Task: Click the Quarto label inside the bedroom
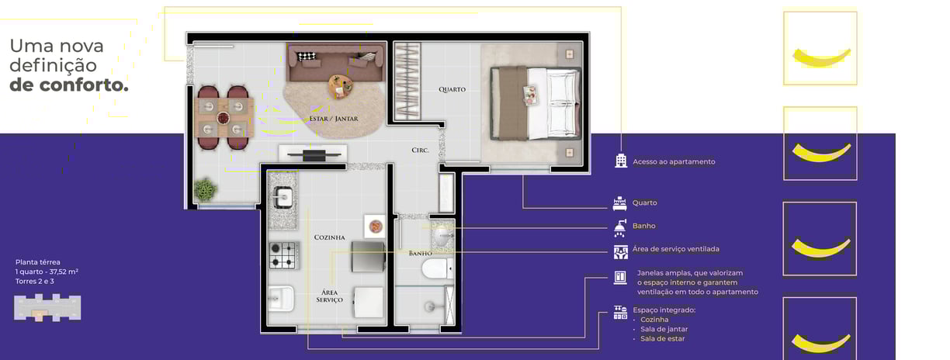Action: pos(452,89)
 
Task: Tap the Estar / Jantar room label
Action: pos(334,119)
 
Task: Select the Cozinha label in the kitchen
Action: pos(330,237)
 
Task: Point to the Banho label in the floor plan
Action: pos(421,253)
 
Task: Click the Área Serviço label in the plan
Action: pos(330,296)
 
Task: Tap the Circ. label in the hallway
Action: pos(421,150)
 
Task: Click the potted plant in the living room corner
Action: pos(205,189)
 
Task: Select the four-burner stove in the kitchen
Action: pos(283,255)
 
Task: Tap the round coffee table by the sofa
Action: pos(340,86)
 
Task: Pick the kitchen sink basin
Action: pos(283,198)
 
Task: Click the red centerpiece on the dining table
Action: pos(223,117)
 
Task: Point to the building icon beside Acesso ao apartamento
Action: pos(621,161)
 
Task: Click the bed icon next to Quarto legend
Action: pos(620,203)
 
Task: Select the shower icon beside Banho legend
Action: pos(620,228)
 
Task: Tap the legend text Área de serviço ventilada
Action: pos(675,249)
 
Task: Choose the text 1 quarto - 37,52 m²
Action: pos(47,272)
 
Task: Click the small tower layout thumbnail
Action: pos(47,307)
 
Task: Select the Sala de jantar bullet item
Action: pos(664,329)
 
